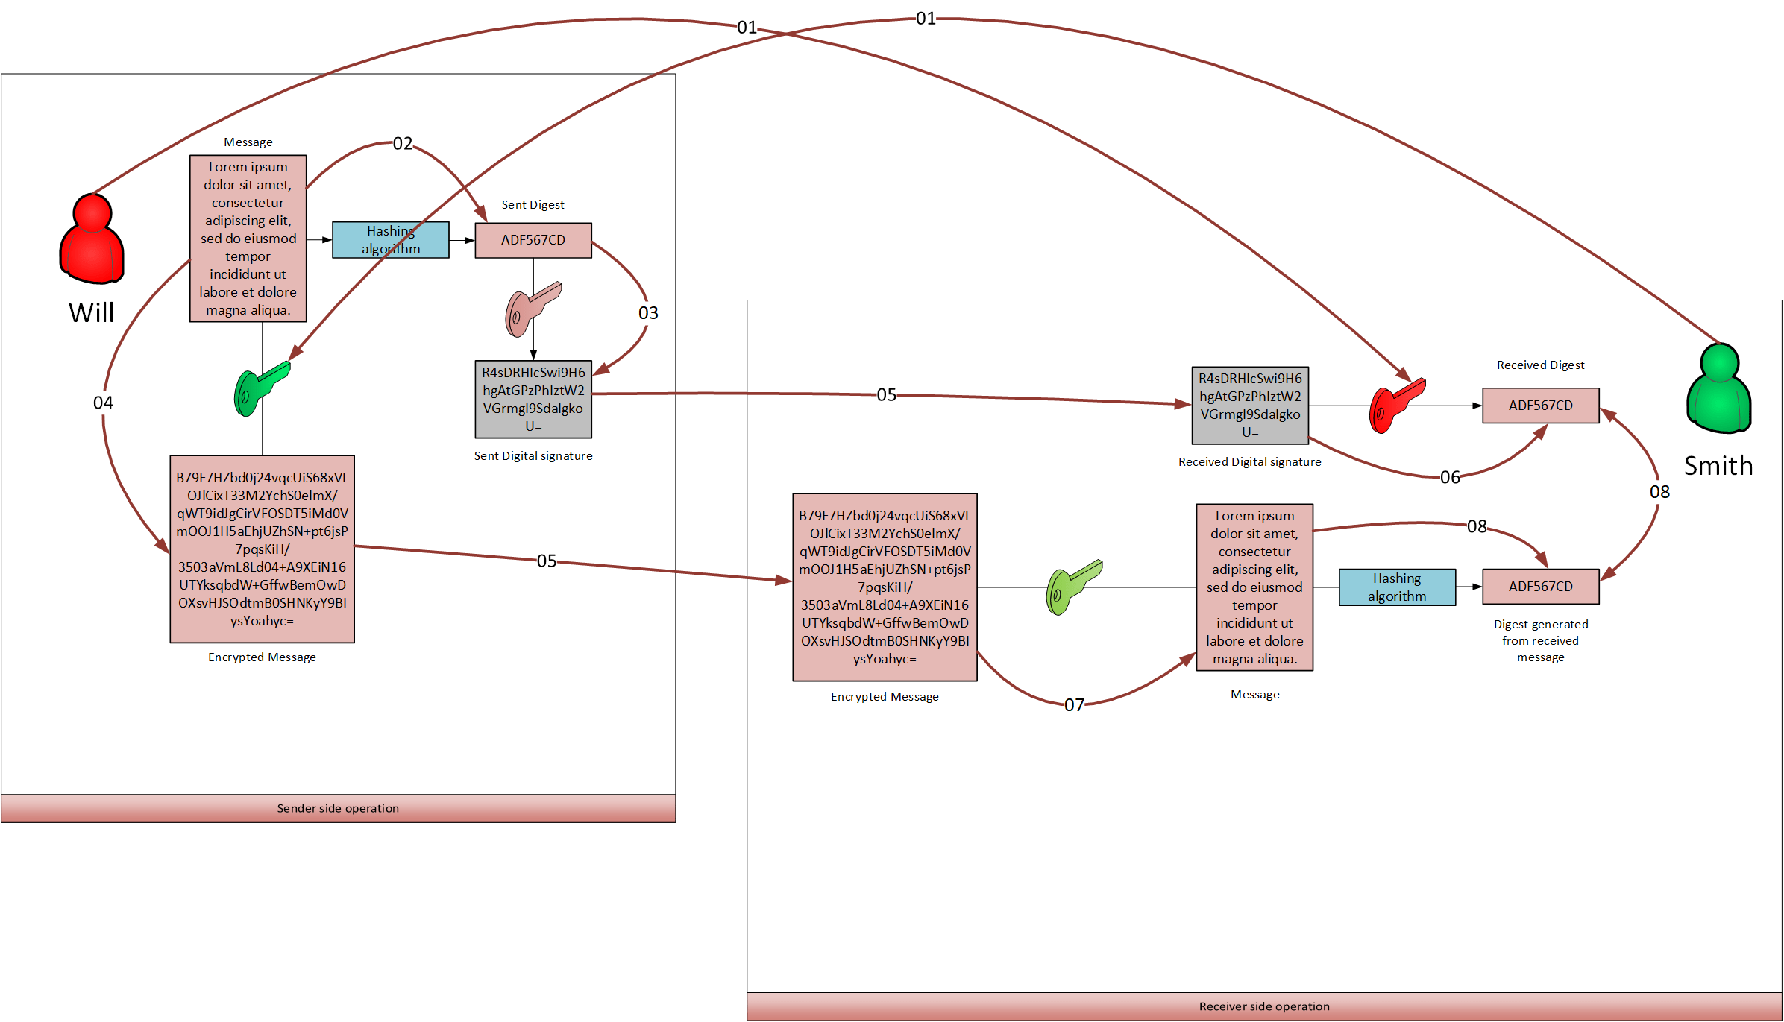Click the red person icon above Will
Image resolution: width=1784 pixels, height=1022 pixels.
92,239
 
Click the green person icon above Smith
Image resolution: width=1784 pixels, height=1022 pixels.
1718,388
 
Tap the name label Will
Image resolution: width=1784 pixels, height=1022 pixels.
92,312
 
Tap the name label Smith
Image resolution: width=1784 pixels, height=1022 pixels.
1718,466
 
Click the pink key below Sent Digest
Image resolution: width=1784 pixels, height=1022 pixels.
531,308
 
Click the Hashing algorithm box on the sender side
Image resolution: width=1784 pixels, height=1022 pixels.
391,240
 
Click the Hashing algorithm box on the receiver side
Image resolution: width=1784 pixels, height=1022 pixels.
1397,587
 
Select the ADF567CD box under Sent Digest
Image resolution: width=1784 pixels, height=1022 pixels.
533,240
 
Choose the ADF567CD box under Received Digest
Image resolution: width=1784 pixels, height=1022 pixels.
1540,406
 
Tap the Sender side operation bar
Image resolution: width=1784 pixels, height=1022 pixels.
338,808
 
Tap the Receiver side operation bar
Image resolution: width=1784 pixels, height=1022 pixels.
1264,1006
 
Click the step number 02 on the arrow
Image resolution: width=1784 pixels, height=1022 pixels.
403,143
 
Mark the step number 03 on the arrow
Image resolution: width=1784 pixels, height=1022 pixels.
648,313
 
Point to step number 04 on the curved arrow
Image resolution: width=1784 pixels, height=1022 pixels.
103,403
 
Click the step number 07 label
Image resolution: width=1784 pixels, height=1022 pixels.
1074,705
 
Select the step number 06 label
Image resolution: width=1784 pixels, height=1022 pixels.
1450,477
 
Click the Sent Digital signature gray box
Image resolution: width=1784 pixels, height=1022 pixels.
533,400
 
